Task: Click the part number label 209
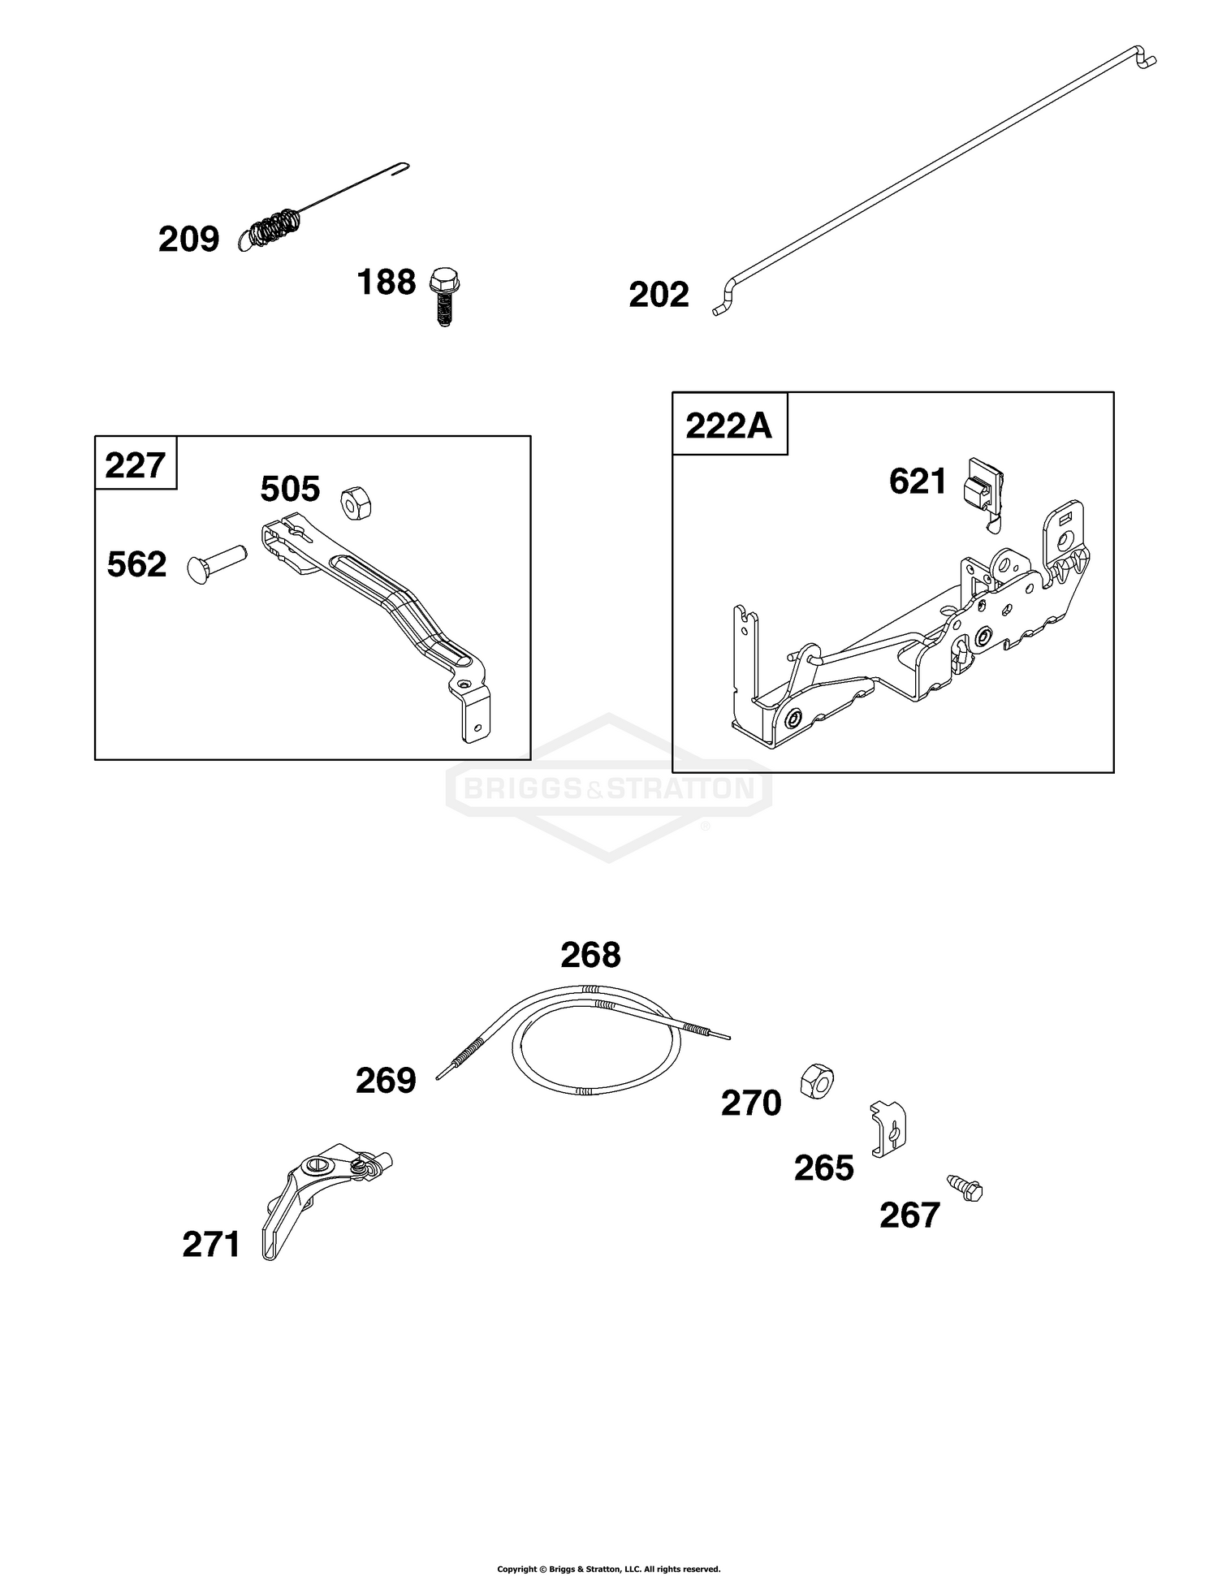click(x=188, y=240)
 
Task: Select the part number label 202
click(x=659, y=295)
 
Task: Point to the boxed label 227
click(x=135, y=466)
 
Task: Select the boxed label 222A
click(x=728, y=425)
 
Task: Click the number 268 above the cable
click(x=590, y=956)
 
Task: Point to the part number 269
click(x=386, y=1081)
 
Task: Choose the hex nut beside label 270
click(x=817, y=1079)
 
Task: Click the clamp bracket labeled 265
click(x=888, y=1129)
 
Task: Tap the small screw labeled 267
click(x=965, y=1188)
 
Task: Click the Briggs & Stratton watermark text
click(x=607, y=788)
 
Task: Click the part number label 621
click(x=918, y=481)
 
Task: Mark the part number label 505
click(x=290, y=490)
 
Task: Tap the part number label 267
click(x=909, y=1215)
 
